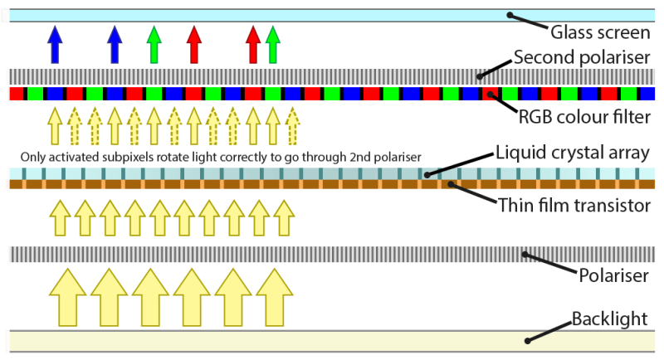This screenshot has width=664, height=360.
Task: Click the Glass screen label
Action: click(x=600, y=34)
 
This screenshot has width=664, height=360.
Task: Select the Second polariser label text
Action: click(x=582, y=59)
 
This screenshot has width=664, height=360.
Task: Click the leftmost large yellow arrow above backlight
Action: click(x=69, y=295)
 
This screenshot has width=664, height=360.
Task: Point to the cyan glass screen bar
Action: click(x=249, y=16)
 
